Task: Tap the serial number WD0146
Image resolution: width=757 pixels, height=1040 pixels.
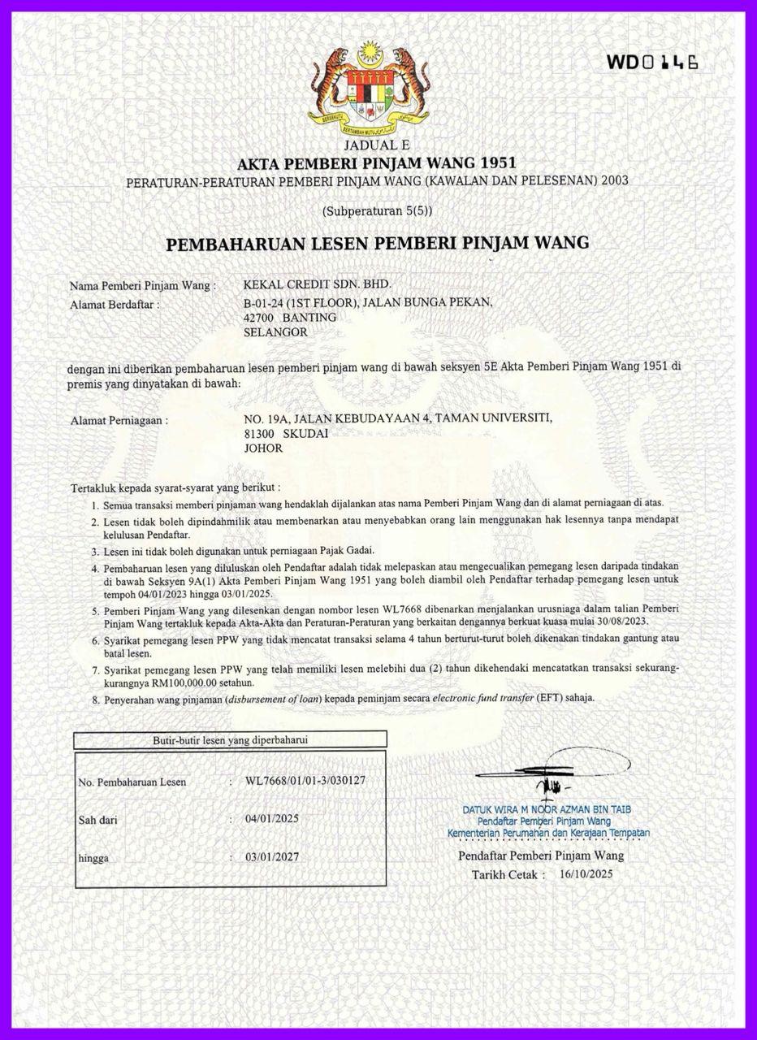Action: [651, 63]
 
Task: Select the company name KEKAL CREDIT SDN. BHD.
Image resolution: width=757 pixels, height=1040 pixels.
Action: [318, 284]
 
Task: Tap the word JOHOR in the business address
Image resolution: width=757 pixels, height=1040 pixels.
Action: [263, 448]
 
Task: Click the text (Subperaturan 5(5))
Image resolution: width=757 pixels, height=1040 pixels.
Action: [377, 210]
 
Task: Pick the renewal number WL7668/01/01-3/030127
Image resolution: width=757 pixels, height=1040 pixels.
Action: [305, 781]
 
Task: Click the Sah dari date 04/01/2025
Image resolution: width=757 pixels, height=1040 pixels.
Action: [272, 818]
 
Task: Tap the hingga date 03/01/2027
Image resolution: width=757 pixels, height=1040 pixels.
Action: [272, 857]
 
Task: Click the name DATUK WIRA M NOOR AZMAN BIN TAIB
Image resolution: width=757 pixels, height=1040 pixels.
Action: [547, 810]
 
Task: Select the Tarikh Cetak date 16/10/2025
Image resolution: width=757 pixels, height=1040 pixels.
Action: [586, 874]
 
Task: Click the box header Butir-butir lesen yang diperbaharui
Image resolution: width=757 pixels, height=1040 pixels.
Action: [230, 739]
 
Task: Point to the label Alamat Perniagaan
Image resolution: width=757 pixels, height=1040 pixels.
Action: [119, 420]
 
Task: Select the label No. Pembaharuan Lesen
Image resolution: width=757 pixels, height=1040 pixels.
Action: [132, 782]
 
